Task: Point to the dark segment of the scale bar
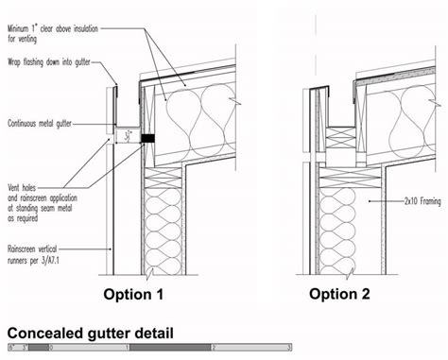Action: click(x=170, y=349)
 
